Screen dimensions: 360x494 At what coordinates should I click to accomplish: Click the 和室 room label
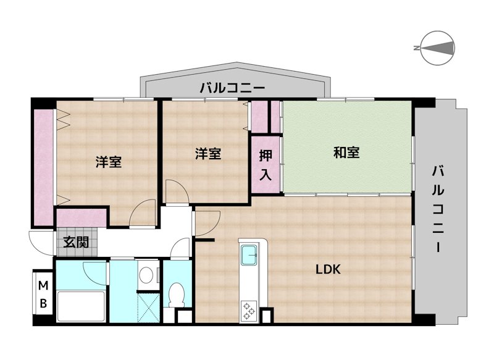346,153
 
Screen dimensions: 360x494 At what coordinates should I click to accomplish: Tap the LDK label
329,269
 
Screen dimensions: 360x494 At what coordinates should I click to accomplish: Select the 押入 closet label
265,164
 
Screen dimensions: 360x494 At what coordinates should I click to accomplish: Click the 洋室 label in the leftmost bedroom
108,162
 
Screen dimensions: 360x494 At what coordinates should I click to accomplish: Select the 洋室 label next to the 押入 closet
208,154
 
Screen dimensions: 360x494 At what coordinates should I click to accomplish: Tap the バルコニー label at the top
232,88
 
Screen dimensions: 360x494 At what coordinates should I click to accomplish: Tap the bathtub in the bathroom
82,306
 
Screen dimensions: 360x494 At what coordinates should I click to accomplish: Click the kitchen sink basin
251,253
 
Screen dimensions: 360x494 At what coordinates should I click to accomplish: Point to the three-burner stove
251,309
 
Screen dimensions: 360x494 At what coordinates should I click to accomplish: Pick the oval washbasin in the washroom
146,275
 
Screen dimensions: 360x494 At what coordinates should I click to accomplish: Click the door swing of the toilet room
181,248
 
